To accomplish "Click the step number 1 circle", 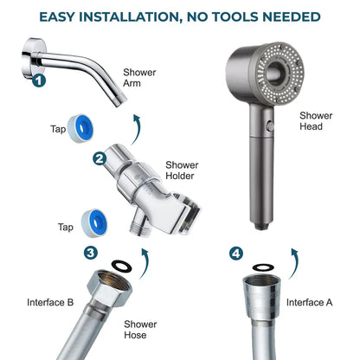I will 39,82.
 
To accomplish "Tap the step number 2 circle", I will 100,158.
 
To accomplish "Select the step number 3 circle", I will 91,253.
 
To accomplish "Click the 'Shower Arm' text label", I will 140,80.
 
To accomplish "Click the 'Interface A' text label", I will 309,302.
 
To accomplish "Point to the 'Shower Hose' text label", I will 139,331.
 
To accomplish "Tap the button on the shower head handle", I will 271,126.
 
